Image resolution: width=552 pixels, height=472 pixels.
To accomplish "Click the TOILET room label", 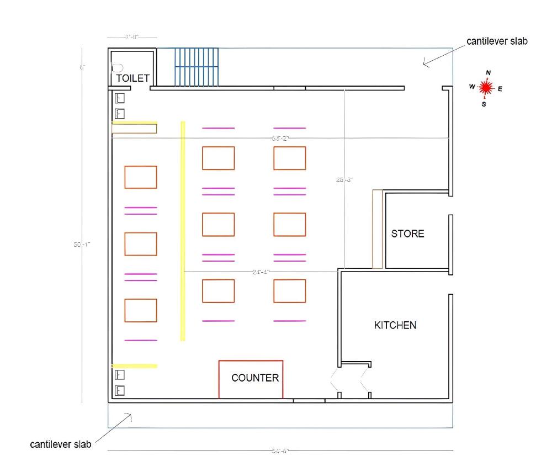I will pyautogui.click(x=132, y=78).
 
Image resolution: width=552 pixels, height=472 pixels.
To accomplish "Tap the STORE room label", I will pyautogui.click(x=408, y=234).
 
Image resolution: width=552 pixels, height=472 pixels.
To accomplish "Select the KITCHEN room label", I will pyautogui.click(x=395, y=325).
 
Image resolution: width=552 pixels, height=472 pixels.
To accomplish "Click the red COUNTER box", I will pyautogui.click(x=251, y=379).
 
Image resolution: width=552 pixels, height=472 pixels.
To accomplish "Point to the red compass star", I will pyautogui.click(x=486, y=87).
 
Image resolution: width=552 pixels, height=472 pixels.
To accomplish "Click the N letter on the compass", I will pyautogui.click(x=488, y=73).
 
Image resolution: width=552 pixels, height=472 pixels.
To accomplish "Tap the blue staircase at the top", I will pyautogui.click(x=197, y=67).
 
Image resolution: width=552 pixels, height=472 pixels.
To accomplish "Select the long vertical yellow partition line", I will pyautogui.click(x=183, y=231).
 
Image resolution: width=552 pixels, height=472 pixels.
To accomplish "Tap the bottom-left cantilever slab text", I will pyautogui.click(x=61, y=444).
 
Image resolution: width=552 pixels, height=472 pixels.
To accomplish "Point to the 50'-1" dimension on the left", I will pyautogui.click(x=81, y=244).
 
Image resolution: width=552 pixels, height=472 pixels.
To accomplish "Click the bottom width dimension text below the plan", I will pyautogui.click(x=280, y=451).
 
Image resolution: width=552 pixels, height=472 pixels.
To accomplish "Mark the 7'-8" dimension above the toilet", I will pyautogui.click(x=132, y=37).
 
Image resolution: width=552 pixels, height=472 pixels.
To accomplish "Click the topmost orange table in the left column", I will pyautogui.click(x=141, y=177).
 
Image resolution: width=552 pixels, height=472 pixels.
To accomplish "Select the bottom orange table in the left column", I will pyautogui.click(x=141, y=310).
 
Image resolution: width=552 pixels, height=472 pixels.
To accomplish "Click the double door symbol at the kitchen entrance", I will pyautogui.click(x=353, y=381).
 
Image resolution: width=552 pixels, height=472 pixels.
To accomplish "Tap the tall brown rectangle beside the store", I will pyautogui.click(x=378, y=229).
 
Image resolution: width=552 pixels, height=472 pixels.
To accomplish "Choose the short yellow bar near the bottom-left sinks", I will pyautogui.click(x=135, y=365).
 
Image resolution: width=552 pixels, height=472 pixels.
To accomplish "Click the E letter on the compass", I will pyautogui.click(x=500, y=88).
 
